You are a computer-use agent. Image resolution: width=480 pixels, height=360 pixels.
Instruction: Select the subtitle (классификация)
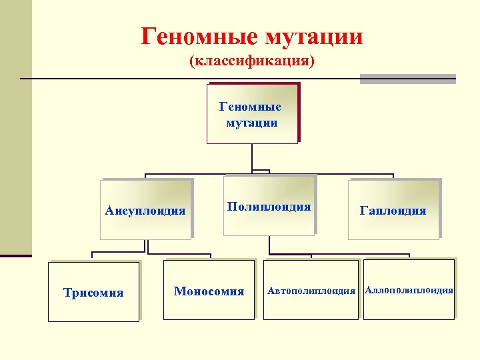pyautogui.click(x=251, y=61)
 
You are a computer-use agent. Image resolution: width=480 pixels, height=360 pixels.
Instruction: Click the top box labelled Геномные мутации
pyautogui.click(x=251, y=114)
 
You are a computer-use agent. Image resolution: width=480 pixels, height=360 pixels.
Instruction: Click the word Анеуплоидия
pyautogui.click(x=145, y=211)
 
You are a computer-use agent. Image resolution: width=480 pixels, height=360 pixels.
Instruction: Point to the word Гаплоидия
pyautogui.click(x=393, y=211)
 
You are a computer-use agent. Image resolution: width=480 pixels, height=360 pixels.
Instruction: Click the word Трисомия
pyautogui.click(x=93, y=293)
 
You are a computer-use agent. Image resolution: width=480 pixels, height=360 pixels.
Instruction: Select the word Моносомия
pyautogui.click(x=209, y=291)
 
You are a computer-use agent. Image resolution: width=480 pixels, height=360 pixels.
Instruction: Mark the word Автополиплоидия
pyautogui.click(x=311, y=291)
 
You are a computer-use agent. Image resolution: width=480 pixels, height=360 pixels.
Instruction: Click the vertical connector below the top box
pyautogui.click(x=252, y=157)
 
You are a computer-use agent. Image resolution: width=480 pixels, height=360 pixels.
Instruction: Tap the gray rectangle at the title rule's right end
pyautogui.click(x=407, y=79)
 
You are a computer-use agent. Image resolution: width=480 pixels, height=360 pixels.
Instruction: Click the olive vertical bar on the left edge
pyautogui.click(x=15, y=127)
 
